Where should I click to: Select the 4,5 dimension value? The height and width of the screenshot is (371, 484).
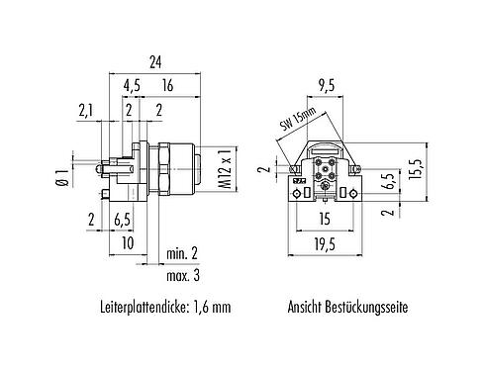[x=131, y=86]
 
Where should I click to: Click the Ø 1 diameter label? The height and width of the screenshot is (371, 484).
[x=60, y=177]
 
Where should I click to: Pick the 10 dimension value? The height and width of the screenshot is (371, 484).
[x=128, y=241]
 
